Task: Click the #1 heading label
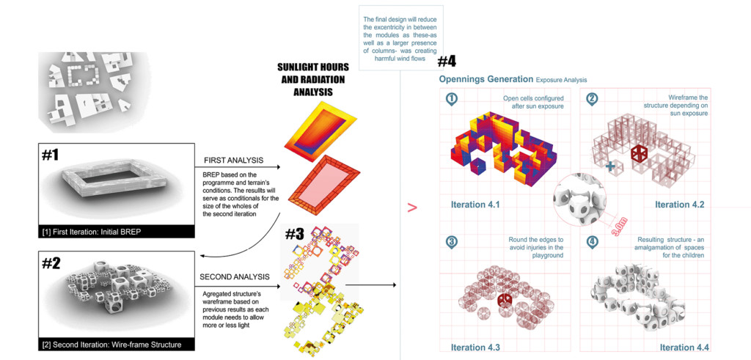(x=56, y=157)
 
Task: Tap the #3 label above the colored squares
(x=295, y=234)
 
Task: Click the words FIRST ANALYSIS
(x=229, y=160)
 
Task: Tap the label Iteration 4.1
(x=475, y=205)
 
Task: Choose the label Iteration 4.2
(x=679, y=205)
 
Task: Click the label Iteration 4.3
(x=475, y=347)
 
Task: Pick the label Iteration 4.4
(x=684, y=347)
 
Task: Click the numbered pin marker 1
(x=452, y=100)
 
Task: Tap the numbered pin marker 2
(x=592, y=100)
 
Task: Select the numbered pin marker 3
(x=452, y=243)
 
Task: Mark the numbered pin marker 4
(x=592, y=243)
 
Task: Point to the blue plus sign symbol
(x=611, y=166)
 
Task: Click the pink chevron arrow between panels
(x=411, y=207)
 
